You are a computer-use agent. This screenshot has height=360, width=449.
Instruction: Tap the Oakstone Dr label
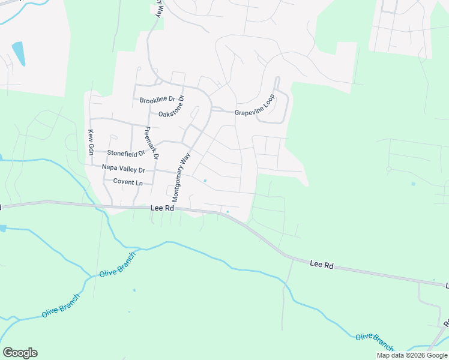click(x=171, y=113)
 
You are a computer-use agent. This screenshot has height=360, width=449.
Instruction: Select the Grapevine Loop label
click(x=255, y=106)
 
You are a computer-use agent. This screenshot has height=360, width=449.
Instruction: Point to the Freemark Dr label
click(x=151, y=143)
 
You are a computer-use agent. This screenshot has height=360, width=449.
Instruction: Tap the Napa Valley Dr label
click(x=124, y=169)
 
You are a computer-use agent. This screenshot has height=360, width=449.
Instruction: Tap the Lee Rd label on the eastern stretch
click(x=322, y=264)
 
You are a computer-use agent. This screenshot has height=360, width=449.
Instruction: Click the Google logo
click(x=20, y=353)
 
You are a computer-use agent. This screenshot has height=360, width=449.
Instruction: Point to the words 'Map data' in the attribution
click(x=391, y=355)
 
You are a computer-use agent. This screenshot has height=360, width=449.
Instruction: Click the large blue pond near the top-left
click(x=19, y=54)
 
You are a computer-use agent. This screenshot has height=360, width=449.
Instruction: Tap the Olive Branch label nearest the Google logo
click(x=61, y=306)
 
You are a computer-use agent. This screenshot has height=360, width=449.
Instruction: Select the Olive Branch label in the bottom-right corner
click(x=374, y=341)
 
